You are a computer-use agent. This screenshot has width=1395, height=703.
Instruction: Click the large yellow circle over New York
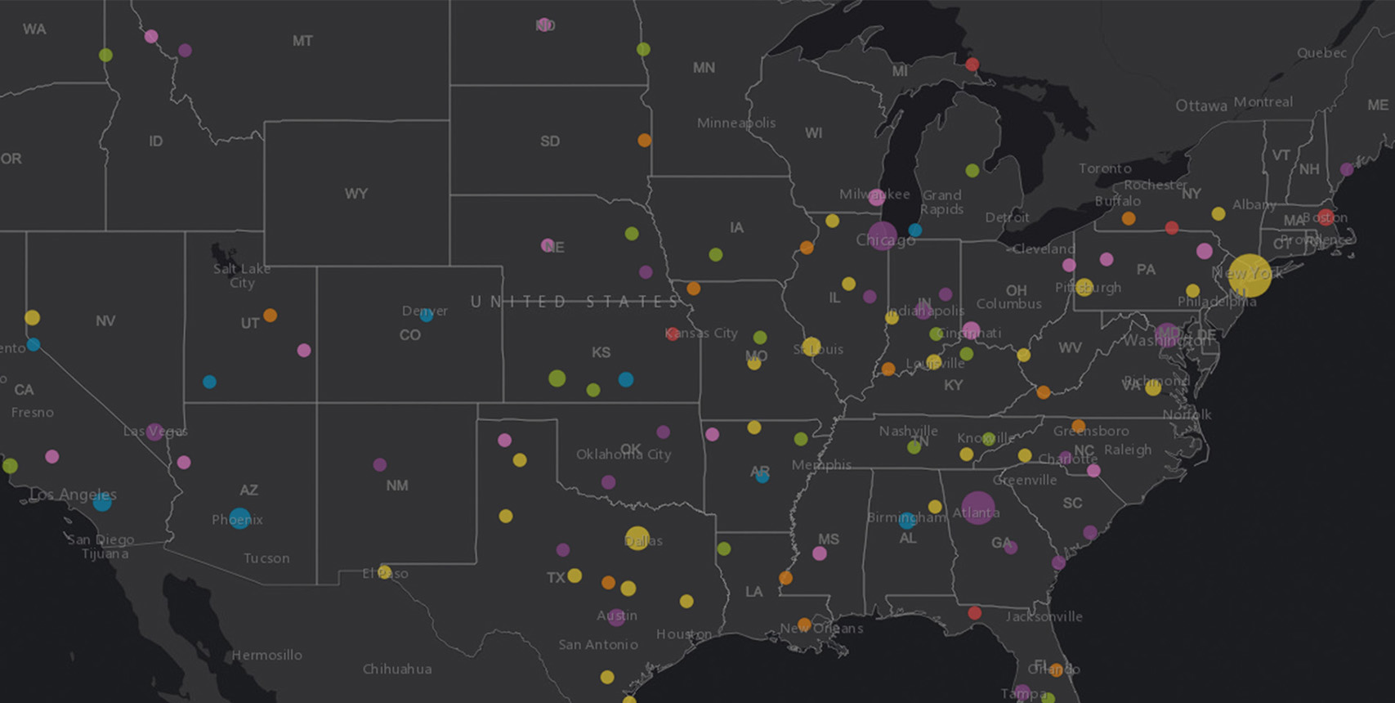[x=1250, y=275]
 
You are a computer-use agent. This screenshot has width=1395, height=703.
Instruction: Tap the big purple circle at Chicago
[x=883, y=236]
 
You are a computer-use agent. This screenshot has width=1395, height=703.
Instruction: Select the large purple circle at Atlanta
[x=978, y=508]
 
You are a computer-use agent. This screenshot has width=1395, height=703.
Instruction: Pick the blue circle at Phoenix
[x=239, y=518]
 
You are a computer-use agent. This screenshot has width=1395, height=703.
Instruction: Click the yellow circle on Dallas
[x=637, y=538]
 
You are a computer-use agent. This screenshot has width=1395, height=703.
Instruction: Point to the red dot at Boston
[x=1326, y=217]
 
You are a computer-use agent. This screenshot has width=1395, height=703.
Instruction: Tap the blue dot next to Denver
[x=427, y=316]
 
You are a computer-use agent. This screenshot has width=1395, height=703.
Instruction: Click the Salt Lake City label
[x=241, y=275]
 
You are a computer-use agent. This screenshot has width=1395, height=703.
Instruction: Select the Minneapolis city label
[x=736, y=123]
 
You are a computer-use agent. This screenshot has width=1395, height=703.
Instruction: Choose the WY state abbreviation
[x=355, y=194]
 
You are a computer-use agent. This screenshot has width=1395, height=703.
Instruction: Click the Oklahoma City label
[x=624, y=454]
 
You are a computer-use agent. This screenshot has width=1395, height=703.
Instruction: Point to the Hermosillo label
[x=266, y=656]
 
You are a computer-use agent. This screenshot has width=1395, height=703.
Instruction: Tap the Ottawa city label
[x=1201, y=105]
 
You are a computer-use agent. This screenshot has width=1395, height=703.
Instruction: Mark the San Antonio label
[x=598, y=645]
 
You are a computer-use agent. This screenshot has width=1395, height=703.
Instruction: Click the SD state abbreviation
[x=550, y=141]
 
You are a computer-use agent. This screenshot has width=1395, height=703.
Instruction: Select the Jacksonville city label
[x=1044, y=616]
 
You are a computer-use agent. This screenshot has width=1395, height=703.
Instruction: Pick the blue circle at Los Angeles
[x=102, y=503]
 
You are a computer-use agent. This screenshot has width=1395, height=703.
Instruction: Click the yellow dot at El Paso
[x=385, y=571]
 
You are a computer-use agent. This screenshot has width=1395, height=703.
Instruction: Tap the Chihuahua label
[x=397, y=669]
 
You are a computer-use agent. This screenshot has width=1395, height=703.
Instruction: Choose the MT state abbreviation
[x=302, y=41]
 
